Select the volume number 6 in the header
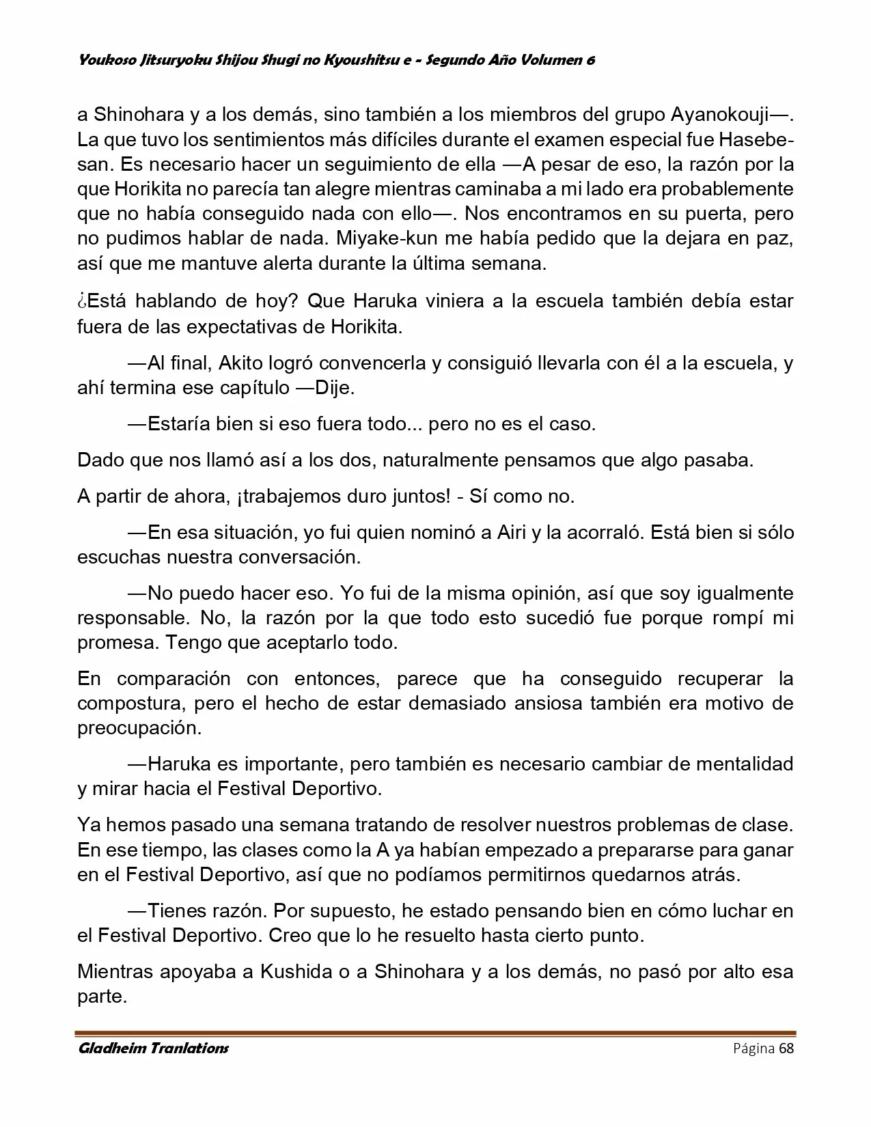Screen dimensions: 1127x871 tap(590, 60)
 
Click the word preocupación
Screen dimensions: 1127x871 tap(139, 727)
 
